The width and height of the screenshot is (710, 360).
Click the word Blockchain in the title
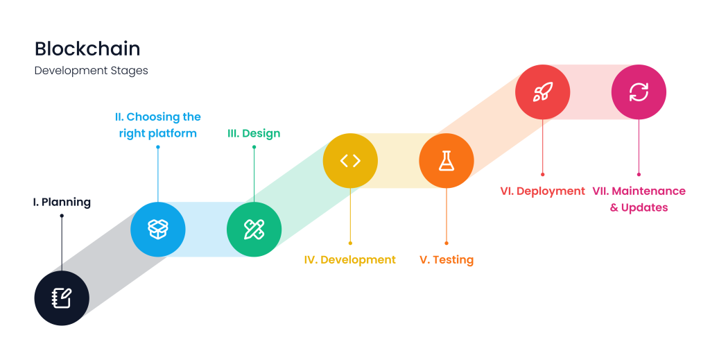point(87,49)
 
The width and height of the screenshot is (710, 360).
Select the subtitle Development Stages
point(91,71)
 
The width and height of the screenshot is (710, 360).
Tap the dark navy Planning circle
point(62,298)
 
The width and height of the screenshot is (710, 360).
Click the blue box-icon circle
point(158,230)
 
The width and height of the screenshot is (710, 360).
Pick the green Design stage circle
point(254,230)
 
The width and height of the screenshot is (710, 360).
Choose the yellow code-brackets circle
point(350,161)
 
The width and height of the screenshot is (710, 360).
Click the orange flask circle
point(447,161)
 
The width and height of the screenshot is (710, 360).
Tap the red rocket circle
point(543,92)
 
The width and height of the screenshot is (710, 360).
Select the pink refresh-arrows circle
point(639,92)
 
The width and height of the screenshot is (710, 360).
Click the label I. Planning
point(62,203)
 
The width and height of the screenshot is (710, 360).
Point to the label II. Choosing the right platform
point(158,125)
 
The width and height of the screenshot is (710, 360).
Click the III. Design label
point(254,133)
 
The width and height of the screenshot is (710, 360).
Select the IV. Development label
point(350,260)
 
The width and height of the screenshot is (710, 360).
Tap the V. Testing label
point(447,260)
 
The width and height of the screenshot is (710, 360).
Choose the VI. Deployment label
point(543,191)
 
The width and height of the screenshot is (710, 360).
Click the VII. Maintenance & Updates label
point(639,199)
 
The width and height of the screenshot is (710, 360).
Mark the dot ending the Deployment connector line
point(543,175)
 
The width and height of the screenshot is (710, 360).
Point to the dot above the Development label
point(350,243)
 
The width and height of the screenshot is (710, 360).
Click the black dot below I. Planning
point(62,216)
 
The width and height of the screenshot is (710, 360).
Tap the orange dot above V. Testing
point(447,243)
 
